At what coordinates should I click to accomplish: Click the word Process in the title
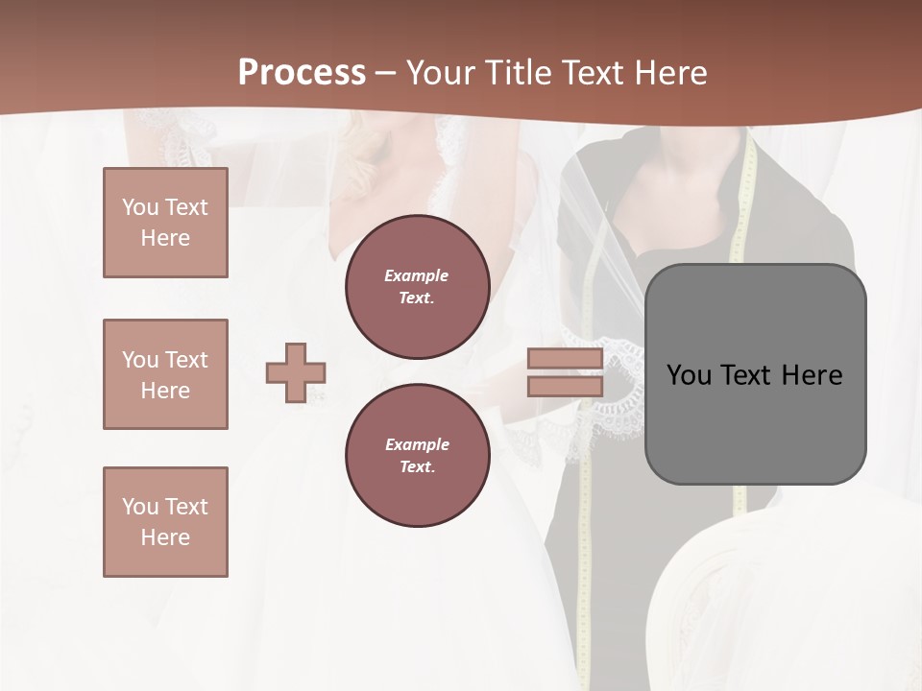pyautogui.click(x=302, y=72)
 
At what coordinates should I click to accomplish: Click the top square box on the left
pyautogui.click(x=165, y=223)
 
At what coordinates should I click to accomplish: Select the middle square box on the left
pyautogui.click(x=165, y=374)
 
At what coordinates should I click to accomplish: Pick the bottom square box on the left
pyautogui.click(x=165, y=521)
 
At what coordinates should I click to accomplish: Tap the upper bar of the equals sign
pyautogui.click(x=566, y=359)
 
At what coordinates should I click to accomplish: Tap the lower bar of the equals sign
pyautogui.click(x=566, y=386)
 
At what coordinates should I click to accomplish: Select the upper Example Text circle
pyautogui.click(x=417, y=286)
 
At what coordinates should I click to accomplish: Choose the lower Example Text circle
pyautogui.click(x=417, y=455)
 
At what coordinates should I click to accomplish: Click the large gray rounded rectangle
pyautogui.click(x=755, y=373)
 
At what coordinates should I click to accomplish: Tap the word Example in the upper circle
pyautogui.click(x=417, y=275)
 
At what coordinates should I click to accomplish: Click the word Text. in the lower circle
pyautogui.click(x=417, y=466)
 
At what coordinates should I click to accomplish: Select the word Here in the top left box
pyautogui.click(x=165, y=238)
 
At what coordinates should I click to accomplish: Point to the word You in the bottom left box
pyautogui.click(x=139, y=507)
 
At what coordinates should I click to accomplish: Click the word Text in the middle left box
pyautogui.click(x=185, y=360)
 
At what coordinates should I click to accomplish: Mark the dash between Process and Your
pyautogui.click(x=385, y=73)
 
